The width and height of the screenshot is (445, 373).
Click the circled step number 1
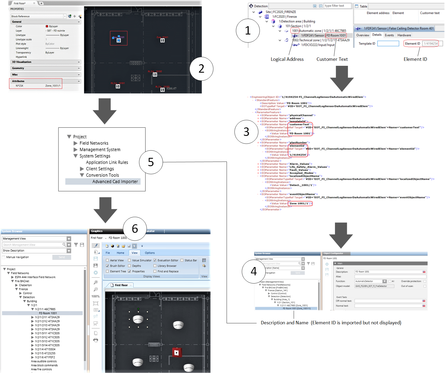248,31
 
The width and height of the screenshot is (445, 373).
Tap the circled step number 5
151,162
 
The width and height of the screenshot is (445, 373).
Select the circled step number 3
246,132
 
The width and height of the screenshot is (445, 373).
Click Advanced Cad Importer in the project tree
115,182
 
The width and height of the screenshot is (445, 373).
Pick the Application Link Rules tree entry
107,162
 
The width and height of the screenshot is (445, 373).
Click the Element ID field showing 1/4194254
431,44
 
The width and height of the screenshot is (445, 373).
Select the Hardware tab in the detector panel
404,35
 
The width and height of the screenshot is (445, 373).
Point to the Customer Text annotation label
332,59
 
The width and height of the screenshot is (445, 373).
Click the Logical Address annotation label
287,59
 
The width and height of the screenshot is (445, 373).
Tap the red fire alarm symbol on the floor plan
177,353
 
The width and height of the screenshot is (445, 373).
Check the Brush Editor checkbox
107,266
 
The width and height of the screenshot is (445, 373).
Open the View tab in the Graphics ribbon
134,253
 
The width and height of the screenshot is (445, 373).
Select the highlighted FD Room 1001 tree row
48,313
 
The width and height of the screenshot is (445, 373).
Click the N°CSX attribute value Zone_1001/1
53,86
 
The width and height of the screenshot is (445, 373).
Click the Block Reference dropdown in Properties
38,16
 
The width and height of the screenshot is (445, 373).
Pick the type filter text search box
338,6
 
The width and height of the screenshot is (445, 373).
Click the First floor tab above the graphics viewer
121,285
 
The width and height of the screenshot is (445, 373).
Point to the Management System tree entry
100,150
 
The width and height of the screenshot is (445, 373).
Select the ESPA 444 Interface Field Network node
35,277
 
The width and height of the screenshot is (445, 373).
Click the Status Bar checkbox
182,260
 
